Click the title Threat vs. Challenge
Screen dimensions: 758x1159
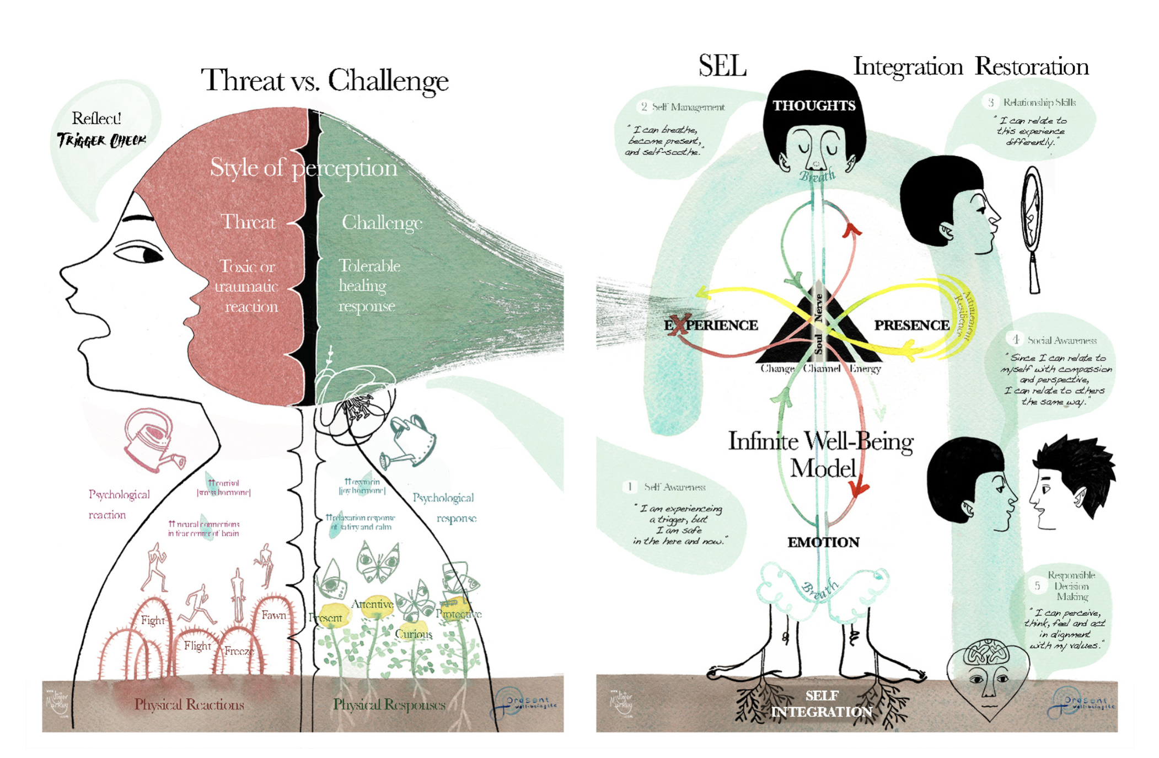[324, 81]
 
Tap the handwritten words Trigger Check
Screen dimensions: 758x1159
[101, 140]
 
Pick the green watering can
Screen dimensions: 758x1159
[411, 441]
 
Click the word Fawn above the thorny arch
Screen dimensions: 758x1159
[273, 615]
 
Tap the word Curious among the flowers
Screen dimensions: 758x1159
[413, 634]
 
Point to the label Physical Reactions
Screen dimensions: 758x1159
[189, 704]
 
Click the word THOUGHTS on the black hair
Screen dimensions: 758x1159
[813, 105]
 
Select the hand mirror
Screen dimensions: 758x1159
[1032, 226]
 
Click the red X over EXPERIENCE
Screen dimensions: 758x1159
[679, 325]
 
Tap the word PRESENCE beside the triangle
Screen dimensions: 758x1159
[911, 325]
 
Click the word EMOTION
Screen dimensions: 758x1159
[823, 542]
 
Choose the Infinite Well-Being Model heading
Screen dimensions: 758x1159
[821, 454]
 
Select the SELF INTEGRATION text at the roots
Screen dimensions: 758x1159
[822, 703]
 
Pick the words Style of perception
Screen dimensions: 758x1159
[303, 168]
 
